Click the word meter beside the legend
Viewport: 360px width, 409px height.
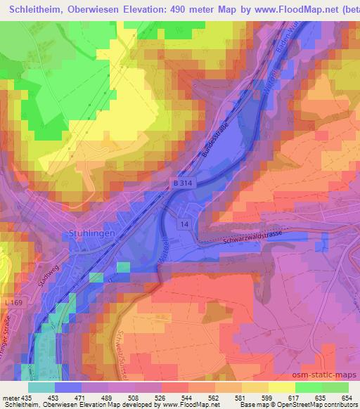10,397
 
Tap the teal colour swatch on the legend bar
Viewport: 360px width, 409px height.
41,387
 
